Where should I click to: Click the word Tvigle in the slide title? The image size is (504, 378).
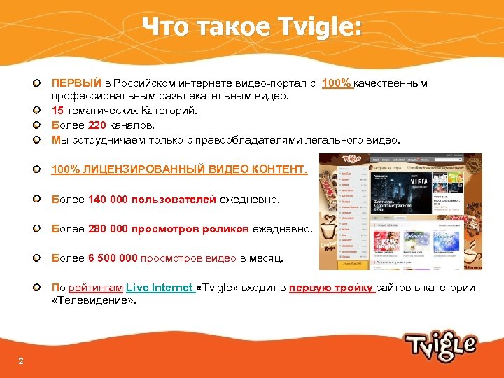tap(323, 26)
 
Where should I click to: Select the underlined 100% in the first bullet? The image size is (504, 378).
tap(337, 83)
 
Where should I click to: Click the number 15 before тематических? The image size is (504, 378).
tap(58, 110)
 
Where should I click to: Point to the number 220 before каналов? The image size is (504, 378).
tap(97, 125)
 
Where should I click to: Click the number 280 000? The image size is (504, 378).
tap(108, 228)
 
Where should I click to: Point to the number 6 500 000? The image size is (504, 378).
tap(113, 258)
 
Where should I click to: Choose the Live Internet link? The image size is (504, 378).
tap(160, 288)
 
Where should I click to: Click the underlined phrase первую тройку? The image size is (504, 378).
tap(331, 288)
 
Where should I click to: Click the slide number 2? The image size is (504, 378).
tap(21, 360)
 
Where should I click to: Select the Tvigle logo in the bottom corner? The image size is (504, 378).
tap(440, 346)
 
